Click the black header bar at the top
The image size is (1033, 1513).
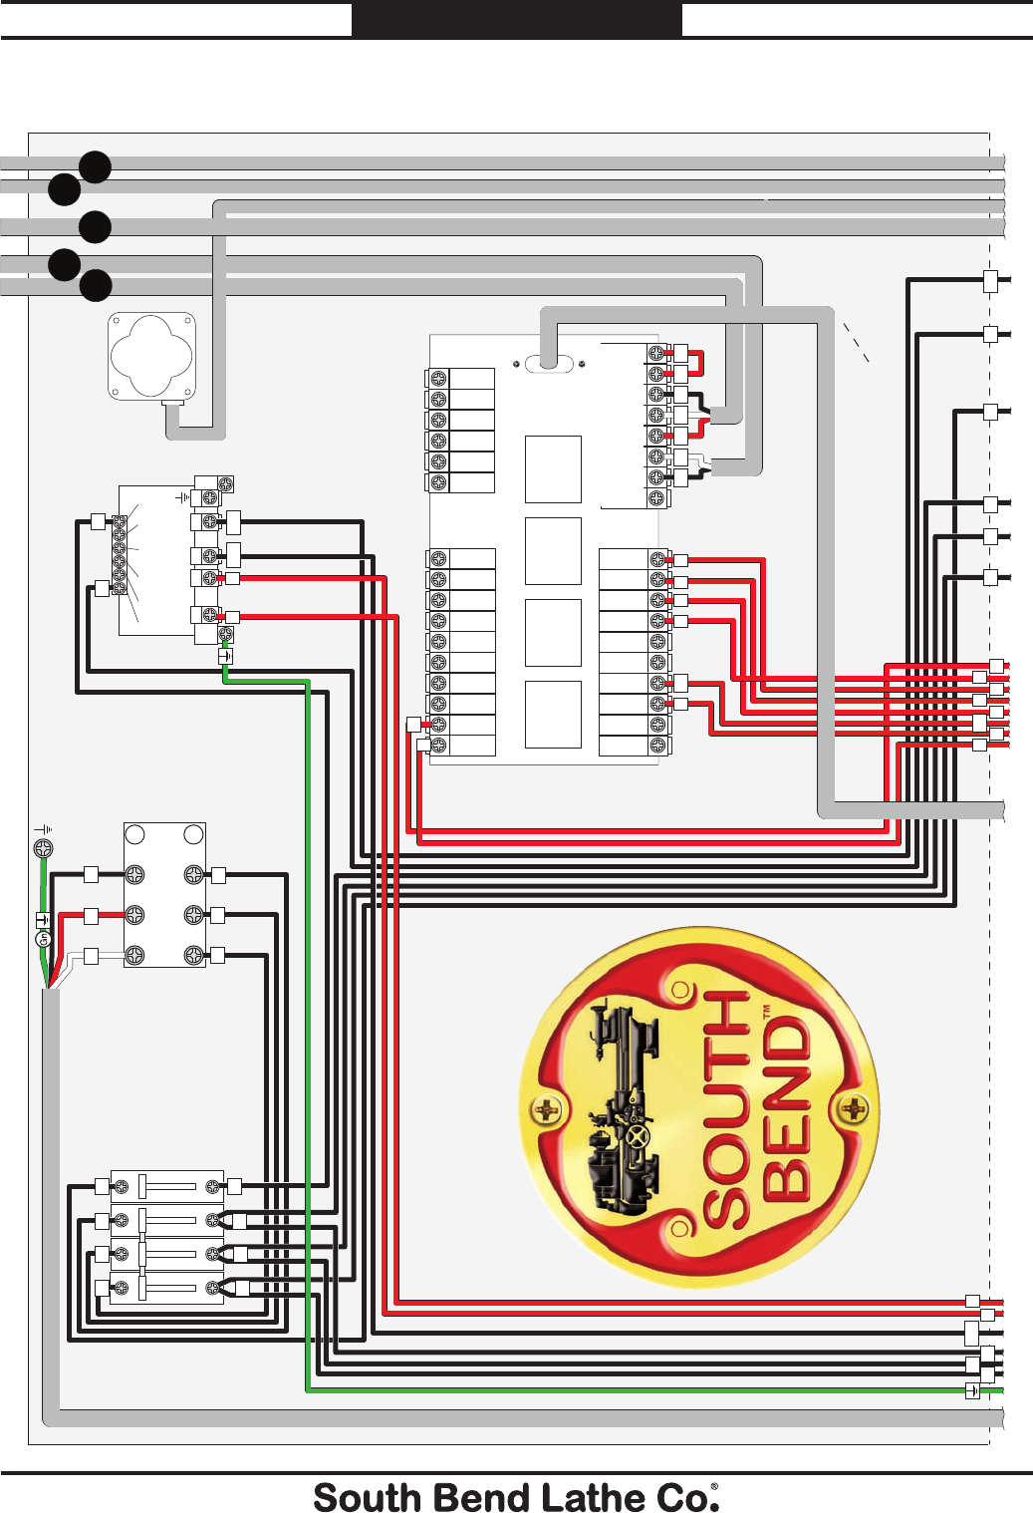[x=516, y=19]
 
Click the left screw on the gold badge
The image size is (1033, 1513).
[x=547, y=1108]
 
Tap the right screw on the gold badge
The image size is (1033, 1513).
[x=854, y=1107]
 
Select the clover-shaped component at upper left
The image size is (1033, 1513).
[x=151, y=356]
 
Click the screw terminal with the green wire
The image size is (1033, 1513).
[x=43, y=849]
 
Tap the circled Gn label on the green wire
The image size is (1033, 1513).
[x=43, y=939]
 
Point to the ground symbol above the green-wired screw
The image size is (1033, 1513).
[x=44, y=829]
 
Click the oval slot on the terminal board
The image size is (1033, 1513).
[x=549, y=363]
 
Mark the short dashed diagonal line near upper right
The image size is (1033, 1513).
[x=857, y=342]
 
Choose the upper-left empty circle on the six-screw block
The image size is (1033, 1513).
[x=135, y=834]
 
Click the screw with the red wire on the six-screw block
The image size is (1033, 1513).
[x=134, y=914]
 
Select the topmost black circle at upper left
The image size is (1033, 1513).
[x=95, y=167]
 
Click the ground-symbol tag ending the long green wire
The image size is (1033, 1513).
[x=972, y=1391]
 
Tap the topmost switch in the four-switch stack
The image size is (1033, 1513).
[x=166, y=1186]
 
